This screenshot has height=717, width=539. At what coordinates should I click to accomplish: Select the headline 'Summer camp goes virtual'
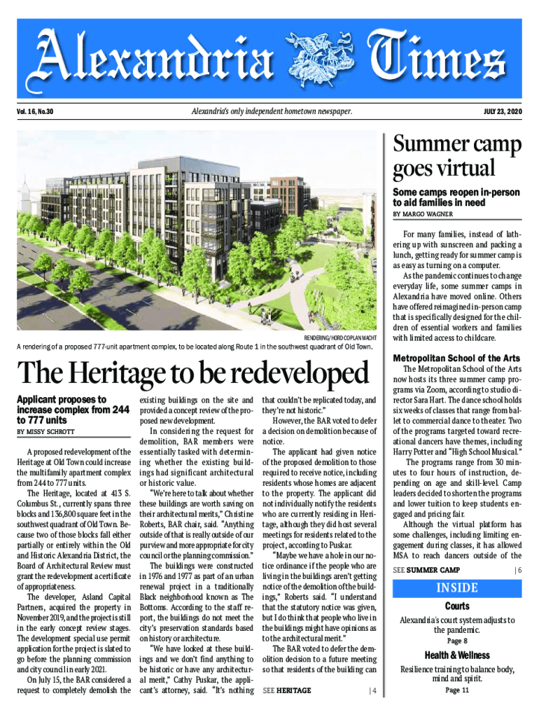tap(457, 157)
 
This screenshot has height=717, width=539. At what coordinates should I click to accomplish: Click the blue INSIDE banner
tap(458, 587)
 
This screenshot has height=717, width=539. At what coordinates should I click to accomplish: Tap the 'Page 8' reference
tap(457, 641)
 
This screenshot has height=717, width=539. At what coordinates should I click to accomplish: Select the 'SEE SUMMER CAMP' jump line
tap(426, 569)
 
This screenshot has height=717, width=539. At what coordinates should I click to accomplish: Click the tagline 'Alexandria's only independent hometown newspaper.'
tap(271, 112)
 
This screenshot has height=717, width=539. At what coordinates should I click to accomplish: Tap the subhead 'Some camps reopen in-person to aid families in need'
tap(456, 197)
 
